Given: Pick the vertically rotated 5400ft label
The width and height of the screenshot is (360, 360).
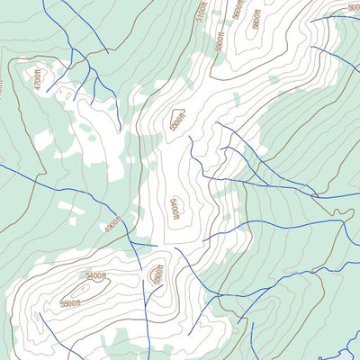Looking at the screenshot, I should [x=177, y=209].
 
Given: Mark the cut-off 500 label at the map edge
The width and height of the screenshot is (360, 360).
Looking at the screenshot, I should [x=353, y=7].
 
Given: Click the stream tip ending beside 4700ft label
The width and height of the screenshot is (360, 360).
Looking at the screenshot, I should [x=48, y=90].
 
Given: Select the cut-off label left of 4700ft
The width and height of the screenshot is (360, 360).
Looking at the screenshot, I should [x=2, y=87].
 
